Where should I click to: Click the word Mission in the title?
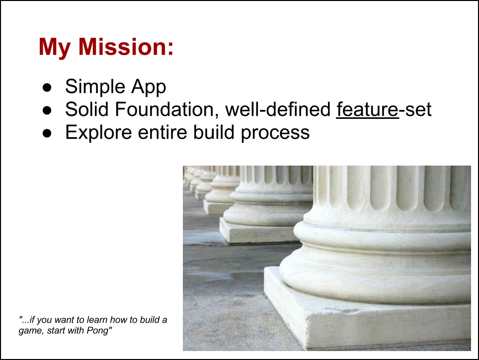point(126,47)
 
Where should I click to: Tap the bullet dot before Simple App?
point(47,88)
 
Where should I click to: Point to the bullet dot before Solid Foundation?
point(47,110)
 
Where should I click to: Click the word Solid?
point(87,109)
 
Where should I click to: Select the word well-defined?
point(278,109)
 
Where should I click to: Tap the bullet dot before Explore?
point(47,133)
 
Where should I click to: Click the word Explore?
point(99,133)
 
